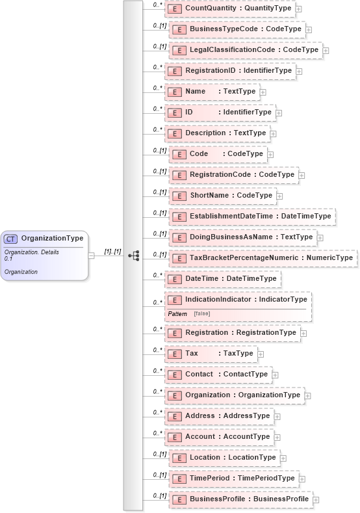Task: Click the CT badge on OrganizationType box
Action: pos(11,239)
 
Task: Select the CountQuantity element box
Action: pos(230,8)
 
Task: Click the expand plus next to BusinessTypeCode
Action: pos(309,29)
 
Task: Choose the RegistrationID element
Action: pos(230,71)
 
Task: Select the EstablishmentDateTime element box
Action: pos(252,217)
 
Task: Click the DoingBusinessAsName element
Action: pos(242,237)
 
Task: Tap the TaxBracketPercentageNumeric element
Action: pos(263,258)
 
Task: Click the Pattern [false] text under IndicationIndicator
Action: pos(189,314)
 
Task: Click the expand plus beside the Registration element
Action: pos(303,334)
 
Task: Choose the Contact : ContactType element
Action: pos(218,375)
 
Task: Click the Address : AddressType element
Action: pos(219,416)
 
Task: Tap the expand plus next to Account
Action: pos(277,438)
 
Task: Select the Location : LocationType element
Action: pos(224,458)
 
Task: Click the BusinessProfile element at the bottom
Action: pos(240,499)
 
